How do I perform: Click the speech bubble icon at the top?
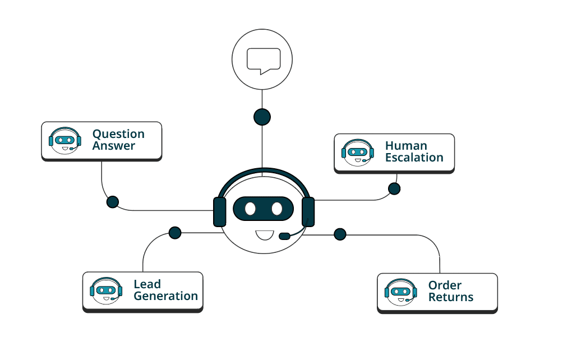tap(263, 60)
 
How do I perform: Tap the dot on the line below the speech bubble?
tap(262, 117)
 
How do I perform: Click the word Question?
tap(118, 134)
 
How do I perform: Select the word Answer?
tap(114, 146)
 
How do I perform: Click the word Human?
tap(406, 146)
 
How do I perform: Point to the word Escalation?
tap(414, 158)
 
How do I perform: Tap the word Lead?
tap(147, 284)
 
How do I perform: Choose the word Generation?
tap(165, 296)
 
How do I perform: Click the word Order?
tap(445, 285)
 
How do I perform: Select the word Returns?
tap(451, 297)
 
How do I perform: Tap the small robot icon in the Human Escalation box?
tap(357, 151)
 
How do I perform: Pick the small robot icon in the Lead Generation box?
tap(106, 290)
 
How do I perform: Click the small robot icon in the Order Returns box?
tap(401, 292)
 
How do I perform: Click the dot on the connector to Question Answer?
tap(113, 202)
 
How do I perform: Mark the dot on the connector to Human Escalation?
tap(394, 188)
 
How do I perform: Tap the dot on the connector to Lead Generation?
tap(175, 232)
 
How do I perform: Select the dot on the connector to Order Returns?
tap(340, 234)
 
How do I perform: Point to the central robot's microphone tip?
tap(284, 236)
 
